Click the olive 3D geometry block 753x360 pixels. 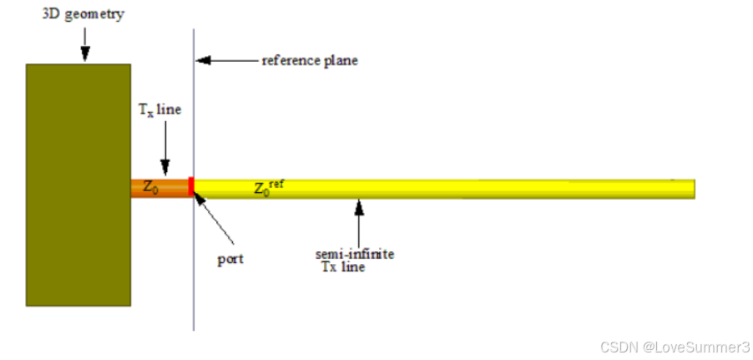click(x=78, y=184)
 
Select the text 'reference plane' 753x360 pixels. click(x=310, y=61)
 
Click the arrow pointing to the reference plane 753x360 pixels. click(x=225, y=61)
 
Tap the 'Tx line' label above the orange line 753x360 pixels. click(x=158, y=109)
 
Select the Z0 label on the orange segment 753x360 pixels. click(x=150, y=188)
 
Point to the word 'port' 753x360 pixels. click(x=230, y=259)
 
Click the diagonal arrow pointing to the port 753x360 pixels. click(x=215, y=220)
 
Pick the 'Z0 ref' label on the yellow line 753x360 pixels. click(x=268, y=188)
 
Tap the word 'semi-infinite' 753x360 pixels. click(x=354, y=254)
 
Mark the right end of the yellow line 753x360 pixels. click(x=692, y=189)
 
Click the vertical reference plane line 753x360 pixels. click(x=195, y=276)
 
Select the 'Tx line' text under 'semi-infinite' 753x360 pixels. click(x=343, y=267)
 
